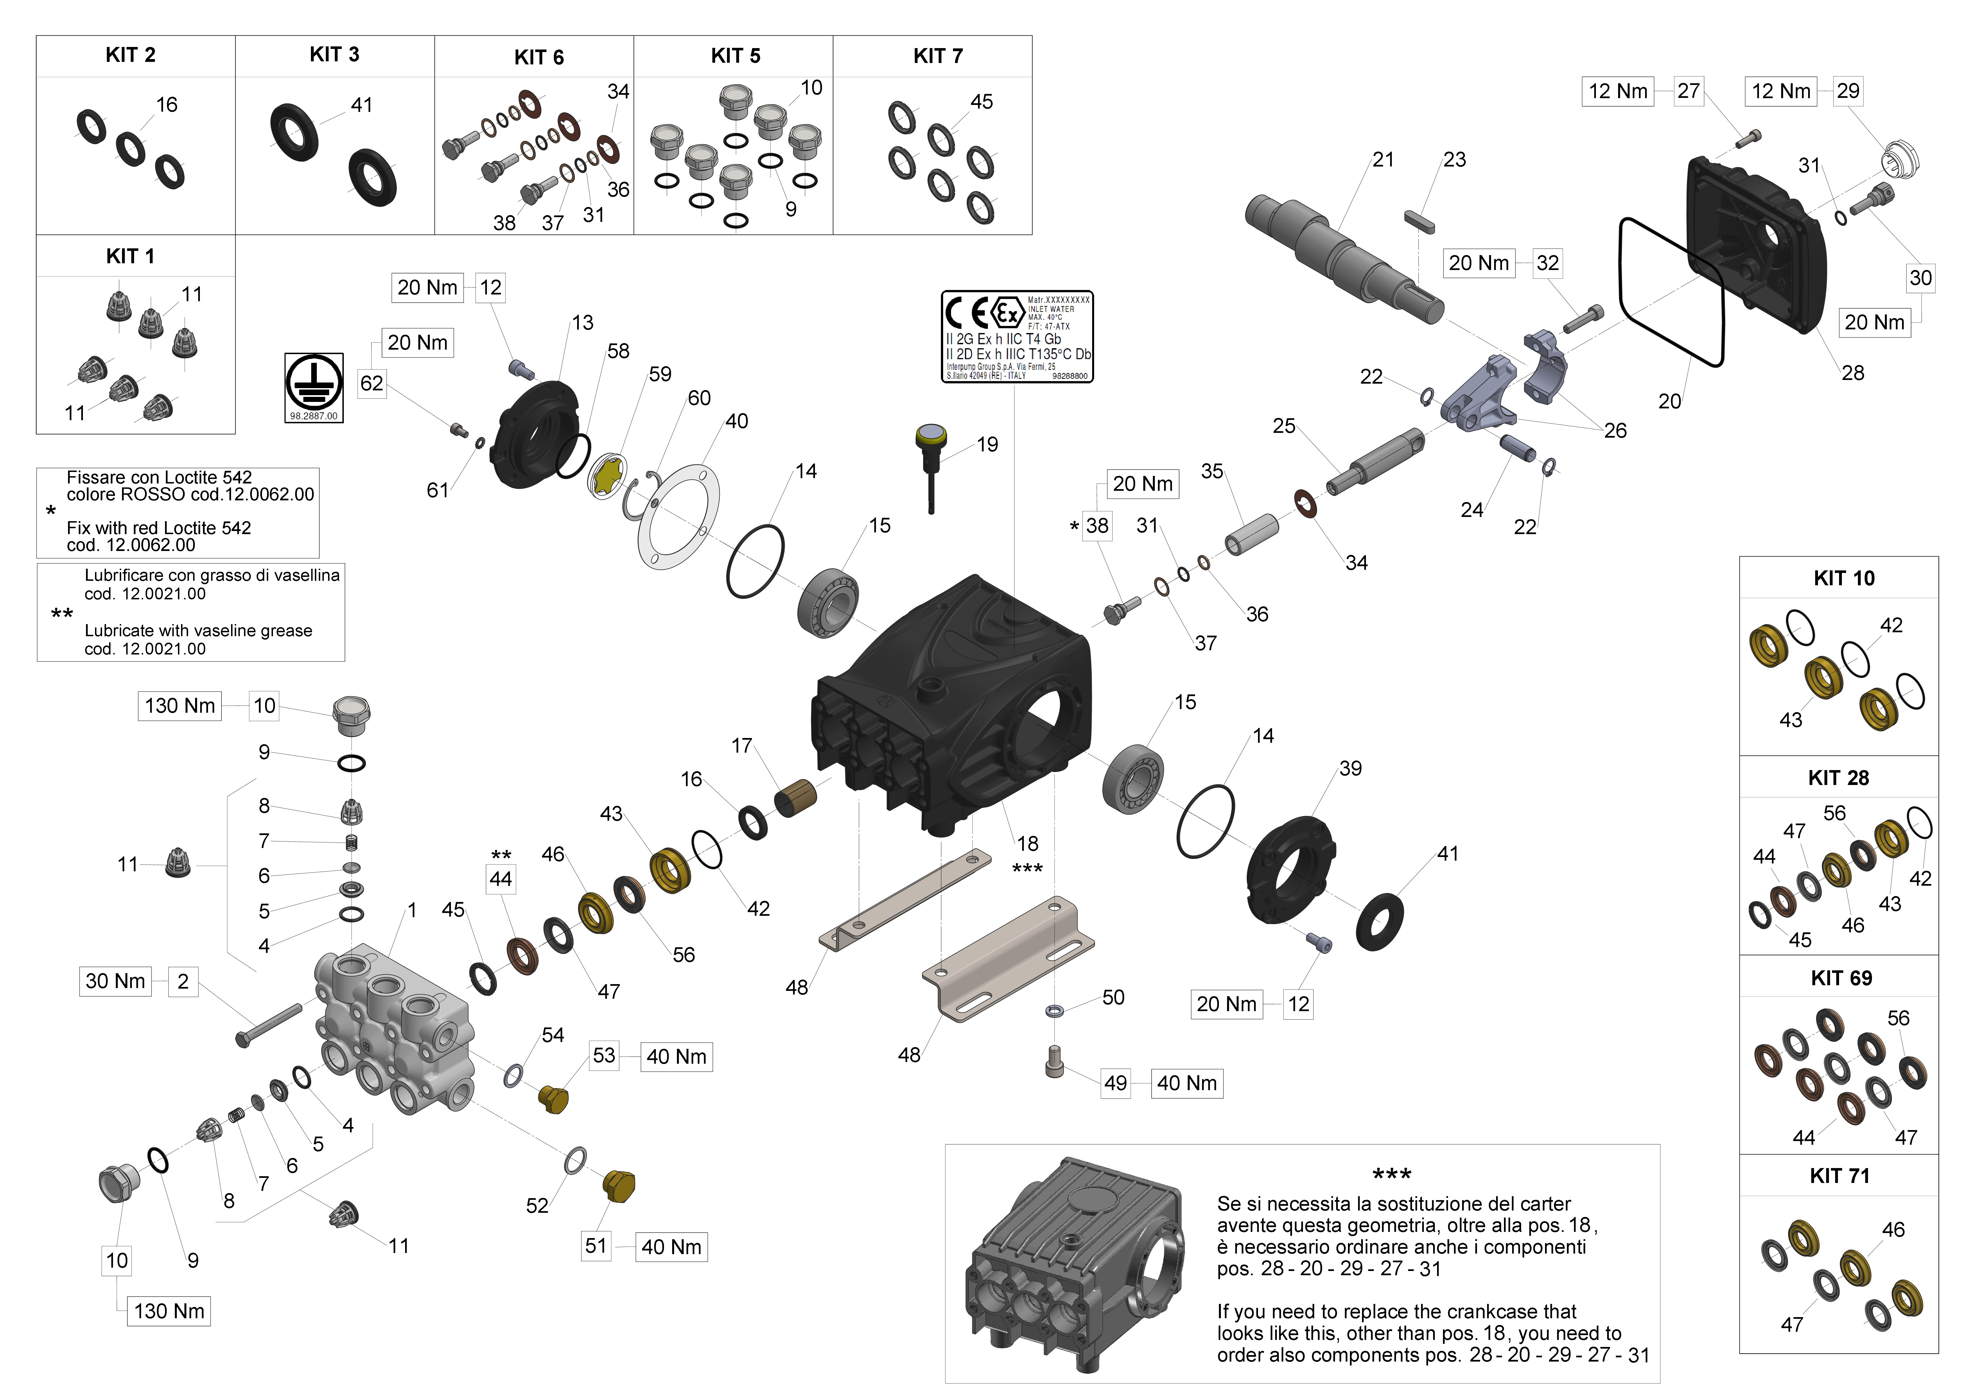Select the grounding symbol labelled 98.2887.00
click(314, 387)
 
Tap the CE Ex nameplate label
click(1017, 336)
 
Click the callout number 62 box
click(371, 384)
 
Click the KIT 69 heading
click(1841, 978)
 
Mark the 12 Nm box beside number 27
click(1617, 91)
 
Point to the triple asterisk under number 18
click(1027, 869)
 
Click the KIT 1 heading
click(130, 256)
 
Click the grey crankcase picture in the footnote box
click(1075, 1265)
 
